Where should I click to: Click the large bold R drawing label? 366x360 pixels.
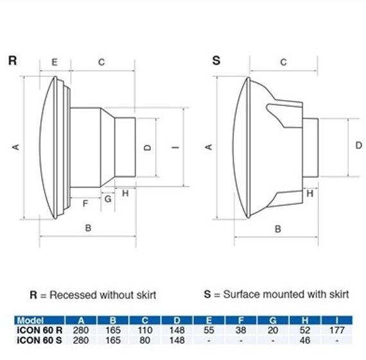[12, 60]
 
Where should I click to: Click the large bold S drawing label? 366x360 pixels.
[216, 60]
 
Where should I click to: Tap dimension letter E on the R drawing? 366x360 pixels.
[55, 62]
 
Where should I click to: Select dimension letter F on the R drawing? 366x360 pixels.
[85, 203]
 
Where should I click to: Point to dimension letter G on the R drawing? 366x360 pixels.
[108, 199]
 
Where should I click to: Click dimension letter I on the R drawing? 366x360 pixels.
[175, 147]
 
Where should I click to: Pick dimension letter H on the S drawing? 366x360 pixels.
[309, 193]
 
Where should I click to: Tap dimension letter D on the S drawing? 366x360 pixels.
[358, 146]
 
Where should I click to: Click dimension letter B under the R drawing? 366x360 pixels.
[88, 228]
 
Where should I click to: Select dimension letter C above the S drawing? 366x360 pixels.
[283, 62]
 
